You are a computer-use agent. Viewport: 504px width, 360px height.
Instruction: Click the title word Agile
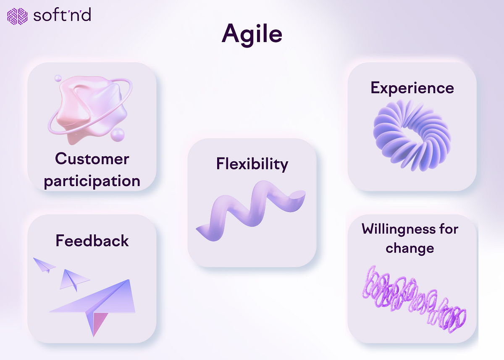pyautogui.click(x=252, y=33)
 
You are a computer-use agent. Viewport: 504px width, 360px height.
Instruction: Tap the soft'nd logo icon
pyautogui.click(x=17, y=16)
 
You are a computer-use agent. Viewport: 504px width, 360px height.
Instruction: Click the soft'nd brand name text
pyautogui.click(x=61, y=16)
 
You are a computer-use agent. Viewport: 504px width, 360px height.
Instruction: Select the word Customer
pyautogui.click(x=92, y=159)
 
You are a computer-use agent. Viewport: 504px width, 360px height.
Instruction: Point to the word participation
pyautogui.click(x=92, y=181)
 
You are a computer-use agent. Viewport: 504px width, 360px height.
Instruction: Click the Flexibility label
pyautogui.click(x=252, y=164)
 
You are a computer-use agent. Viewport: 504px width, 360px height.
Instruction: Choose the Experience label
pyautogui.click(x=412, y=88)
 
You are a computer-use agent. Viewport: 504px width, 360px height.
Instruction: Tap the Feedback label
pyautogui.click(x=92, y=241)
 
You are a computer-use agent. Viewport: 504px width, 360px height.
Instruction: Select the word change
pyautogui.click(x=409, y=248)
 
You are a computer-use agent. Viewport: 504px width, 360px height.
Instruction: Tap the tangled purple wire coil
pyautogui.click(x=414, y=299)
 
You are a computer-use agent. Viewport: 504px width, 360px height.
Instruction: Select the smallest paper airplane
pyautogui.click(x=45, y=265)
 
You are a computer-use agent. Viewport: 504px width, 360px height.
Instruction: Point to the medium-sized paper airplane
pyautogui.click(x=73, y=280)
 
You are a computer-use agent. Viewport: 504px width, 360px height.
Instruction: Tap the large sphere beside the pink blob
pyautogui.click(x=118, y=135)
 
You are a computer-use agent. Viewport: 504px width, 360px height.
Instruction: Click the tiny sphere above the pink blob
pyautogui.click(x=58, y=78)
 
